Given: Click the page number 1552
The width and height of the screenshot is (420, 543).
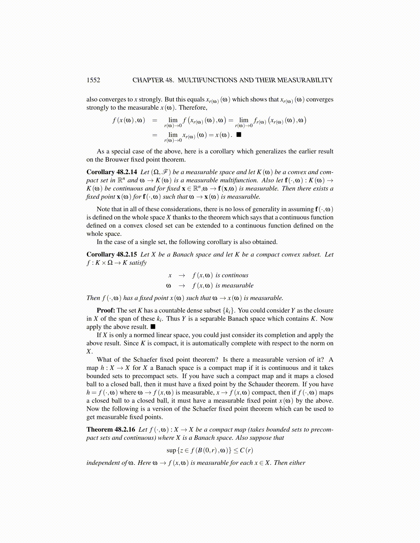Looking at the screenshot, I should click(93, 80).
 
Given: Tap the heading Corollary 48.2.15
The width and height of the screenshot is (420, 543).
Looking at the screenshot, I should click(112, 254).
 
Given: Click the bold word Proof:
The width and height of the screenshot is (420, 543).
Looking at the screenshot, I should click(106, 310).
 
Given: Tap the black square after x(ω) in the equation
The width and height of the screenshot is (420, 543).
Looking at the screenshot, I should click(239, 134).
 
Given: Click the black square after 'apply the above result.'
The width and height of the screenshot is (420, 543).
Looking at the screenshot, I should click(153, 327).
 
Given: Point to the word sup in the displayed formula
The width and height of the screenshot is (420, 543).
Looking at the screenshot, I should click(171, 450).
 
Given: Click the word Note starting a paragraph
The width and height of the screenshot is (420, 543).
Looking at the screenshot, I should click(104, 209).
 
